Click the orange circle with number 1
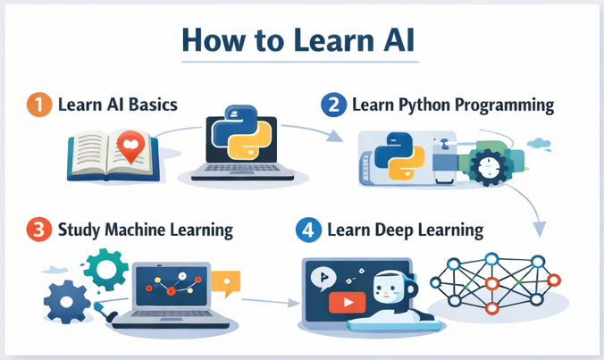[x=38, y=105]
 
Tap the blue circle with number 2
[x=332, y=105]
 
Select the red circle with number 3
[x=38, y=230]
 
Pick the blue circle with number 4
[x=308, y=230]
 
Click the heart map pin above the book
[x=131, y=147]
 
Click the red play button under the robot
[x=341, y=303]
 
